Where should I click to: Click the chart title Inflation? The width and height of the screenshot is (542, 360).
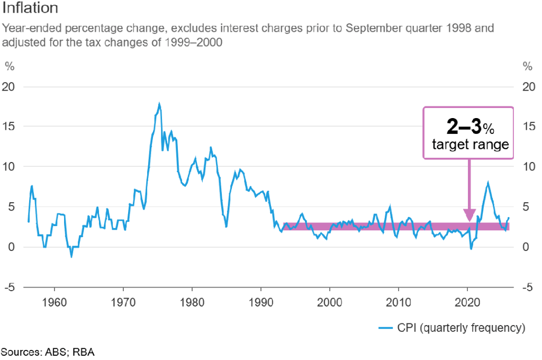(x=31, y=9)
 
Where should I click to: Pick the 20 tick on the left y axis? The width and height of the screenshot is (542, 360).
(x=10, y=86)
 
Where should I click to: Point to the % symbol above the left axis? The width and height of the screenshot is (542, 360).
(x=9, y=66)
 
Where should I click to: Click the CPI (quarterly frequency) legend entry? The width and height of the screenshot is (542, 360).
(x=453, y=328)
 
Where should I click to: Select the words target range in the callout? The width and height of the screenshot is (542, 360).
(x=471, y=145)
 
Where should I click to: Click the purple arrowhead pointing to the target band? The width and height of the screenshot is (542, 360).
(x=469, y=215)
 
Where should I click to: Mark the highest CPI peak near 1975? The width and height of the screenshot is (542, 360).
(x=159, y=104)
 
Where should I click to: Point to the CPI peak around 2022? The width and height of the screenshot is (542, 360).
(x=488, y=183)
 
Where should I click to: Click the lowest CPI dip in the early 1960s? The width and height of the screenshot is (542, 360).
(x=71, y=256)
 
